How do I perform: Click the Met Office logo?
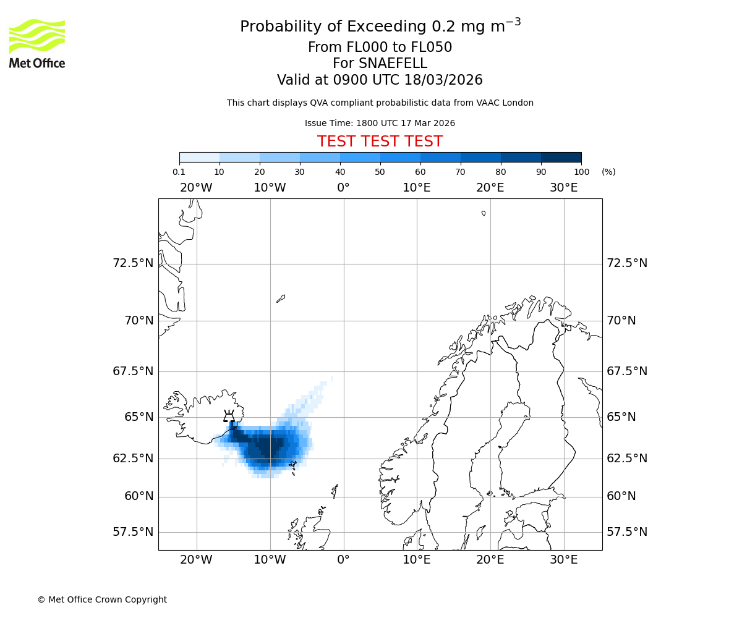point(37,43)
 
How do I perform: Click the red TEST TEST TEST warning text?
point(380,142)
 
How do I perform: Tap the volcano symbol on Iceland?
point(229,417)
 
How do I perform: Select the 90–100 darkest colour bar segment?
point(561,157)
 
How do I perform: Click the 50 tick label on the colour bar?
point(380,172)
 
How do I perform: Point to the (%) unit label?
point(608,172)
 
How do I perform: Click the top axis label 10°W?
point(270,188)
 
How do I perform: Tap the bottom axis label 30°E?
point(563,560)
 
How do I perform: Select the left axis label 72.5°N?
point(132,263)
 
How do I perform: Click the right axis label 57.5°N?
point(627,532)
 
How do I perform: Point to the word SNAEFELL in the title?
point(380,64)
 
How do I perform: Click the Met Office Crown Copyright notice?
point(102,599)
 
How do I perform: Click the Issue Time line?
point(380,123)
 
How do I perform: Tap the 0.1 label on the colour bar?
point(179,172)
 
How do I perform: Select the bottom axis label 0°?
point(343,560)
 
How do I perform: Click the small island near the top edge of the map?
point(484,213)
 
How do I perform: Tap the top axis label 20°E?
point(490,188)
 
